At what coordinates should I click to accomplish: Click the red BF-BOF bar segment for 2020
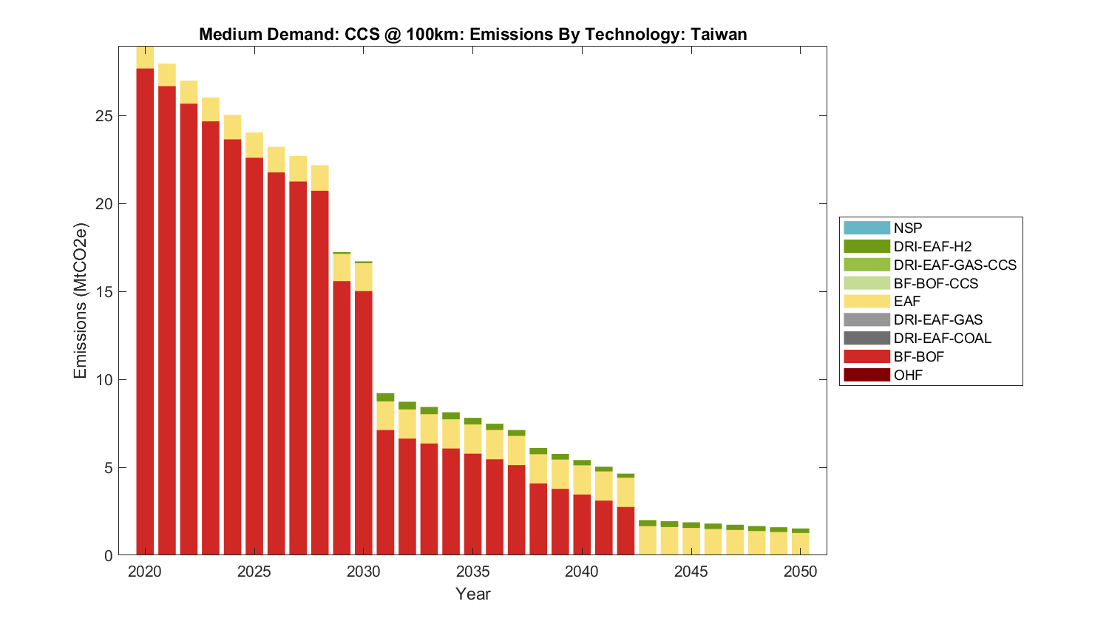point(145,311)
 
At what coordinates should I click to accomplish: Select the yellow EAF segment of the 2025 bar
point(254,145)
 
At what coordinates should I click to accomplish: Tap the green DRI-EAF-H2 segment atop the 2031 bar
point(385,397)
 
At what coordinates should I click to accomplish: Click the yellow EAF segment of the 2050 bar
point(800,543)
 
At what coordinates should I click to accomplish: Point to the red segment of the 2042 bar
point(625,531)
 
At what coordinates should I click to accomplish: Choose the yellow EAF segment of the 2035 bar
point(472,438)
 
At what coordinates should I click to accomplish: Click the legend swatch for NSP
point(866,228)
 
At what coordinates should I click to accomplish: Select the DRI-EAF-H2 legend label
point(932,246)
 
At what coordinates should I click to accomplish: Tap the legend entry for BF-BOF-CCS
point(935,283)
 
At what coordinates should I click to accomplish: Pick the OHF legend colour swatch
point(866,375)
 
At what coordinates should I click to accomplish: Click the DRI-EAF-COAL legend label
point(942,338)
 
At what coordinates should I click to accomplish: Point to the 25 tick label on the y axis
point(104,116)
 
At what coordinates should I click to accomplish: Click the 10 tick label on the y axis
point(104,380)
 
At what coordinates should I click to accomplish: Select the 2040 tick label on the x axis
point(582,572)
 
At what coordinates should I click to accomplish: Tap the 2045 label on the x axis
point(691,572)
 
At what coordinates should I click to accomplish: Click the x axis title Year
point(472,594)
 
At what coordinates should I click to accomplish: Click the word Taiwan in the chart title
point(719,34)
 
